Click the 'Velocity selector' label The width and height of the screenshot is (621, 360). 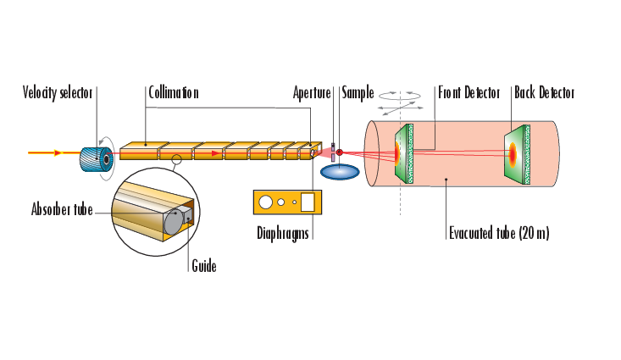coord(58,92)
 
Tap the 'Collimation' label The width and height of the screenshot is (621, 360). coord(173,92)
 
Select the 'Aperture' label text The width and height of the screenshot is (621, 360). coord(311,92)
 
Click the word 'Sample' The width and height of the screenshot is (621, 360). coord(358,92)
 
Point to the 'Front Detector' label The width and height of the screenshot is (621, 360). coord(469,92)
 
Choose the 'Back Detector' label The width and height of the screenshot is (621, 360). coord(544,92)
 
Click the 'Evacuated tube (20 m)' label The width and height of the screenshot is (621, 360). coord(499,233)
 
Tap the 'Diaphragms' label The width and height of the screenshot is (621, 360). coord(283,233)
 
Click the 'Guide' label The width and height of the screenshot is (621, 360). coord(203,266)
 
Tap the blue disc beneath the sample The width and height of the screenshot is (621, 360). coord(339,170)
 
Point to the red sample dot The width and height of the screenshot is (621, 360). coord(340,152)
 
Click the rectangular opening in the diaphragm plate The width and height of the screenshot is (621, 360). coord(308,202)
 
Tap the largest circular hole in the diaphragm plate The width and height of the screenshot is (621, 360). coord(266,202)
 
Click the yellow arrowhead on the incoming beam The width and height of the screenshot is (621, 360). coord(58,152)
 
